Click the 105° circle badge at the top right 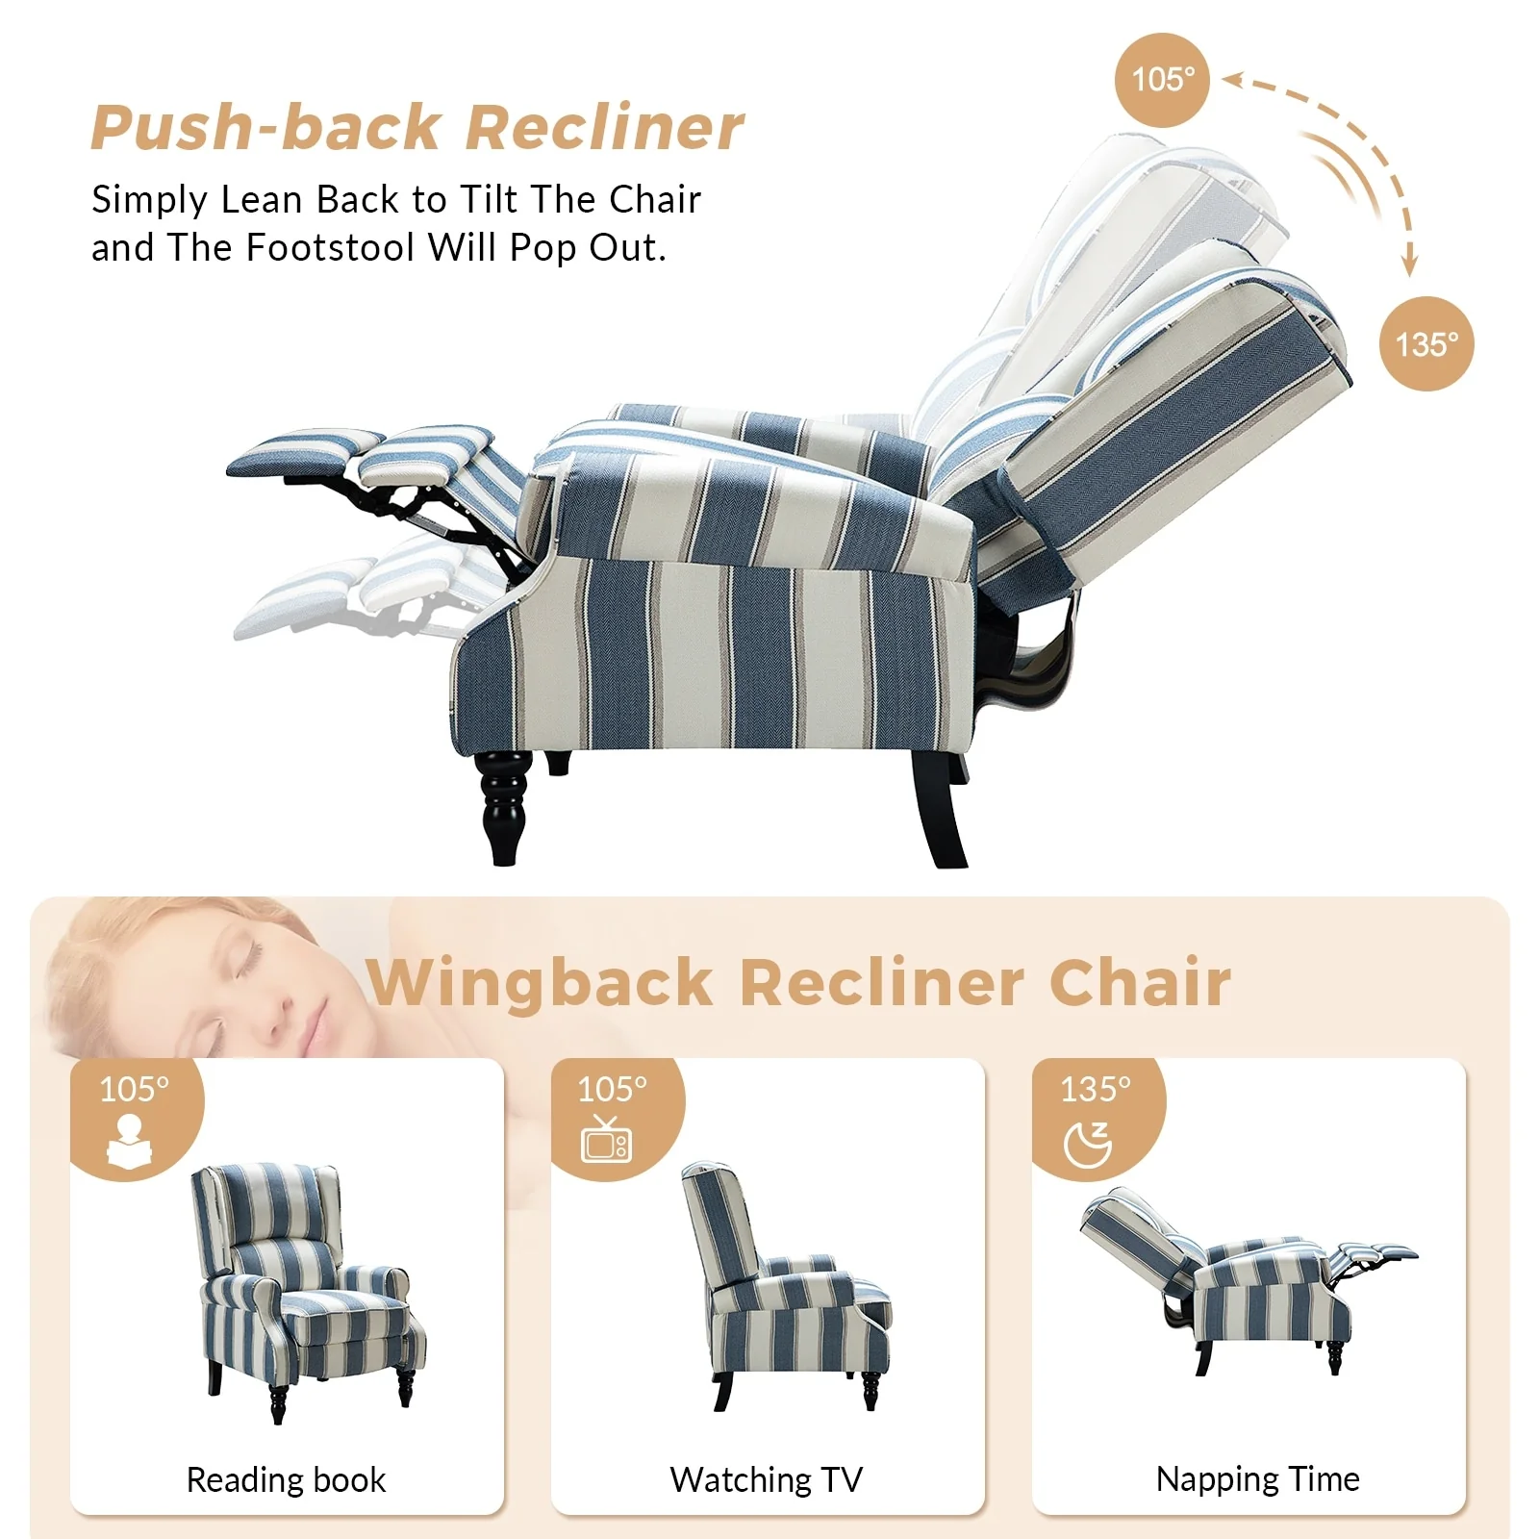1162,80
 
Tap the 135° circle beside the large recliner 1426,343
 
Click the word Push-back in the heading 265,128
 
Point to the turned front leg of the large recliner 502,806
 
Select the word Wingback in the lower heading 539,983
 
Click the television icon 606,1141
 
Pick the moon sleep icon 1088,1144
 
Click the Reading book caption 286,1479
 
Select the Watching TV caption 766,1479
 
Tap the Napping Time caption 1257,1478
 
